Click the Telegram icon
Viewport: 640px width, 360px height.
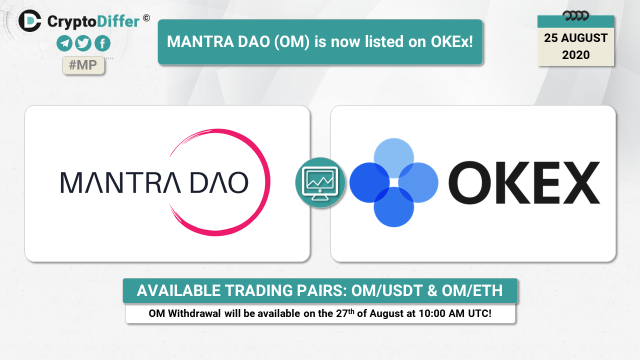64,43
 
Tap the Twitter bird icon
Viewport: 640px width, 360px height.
83,43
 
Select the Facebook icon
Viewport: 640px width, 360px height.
102,43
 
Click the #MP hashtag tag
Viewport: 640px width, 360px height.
83,65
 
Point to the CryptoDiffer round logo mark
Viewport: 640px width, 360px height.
29,20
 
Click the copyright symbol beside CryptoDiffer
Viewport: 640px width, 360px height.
146,18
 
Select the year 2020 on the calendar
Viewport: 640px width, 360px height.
575,55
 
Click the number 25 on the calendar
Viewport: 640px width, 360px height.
551,38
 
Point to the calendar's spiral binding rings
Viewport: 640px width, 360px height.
575,15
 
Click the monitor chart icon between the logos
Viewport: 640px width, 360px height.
320,182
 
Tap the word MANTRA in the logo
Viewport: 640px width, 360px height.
120,182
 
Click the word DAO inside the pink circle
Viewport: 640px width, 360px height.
219,182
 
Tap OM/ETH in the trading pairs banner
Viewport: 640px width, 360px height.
472,291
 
